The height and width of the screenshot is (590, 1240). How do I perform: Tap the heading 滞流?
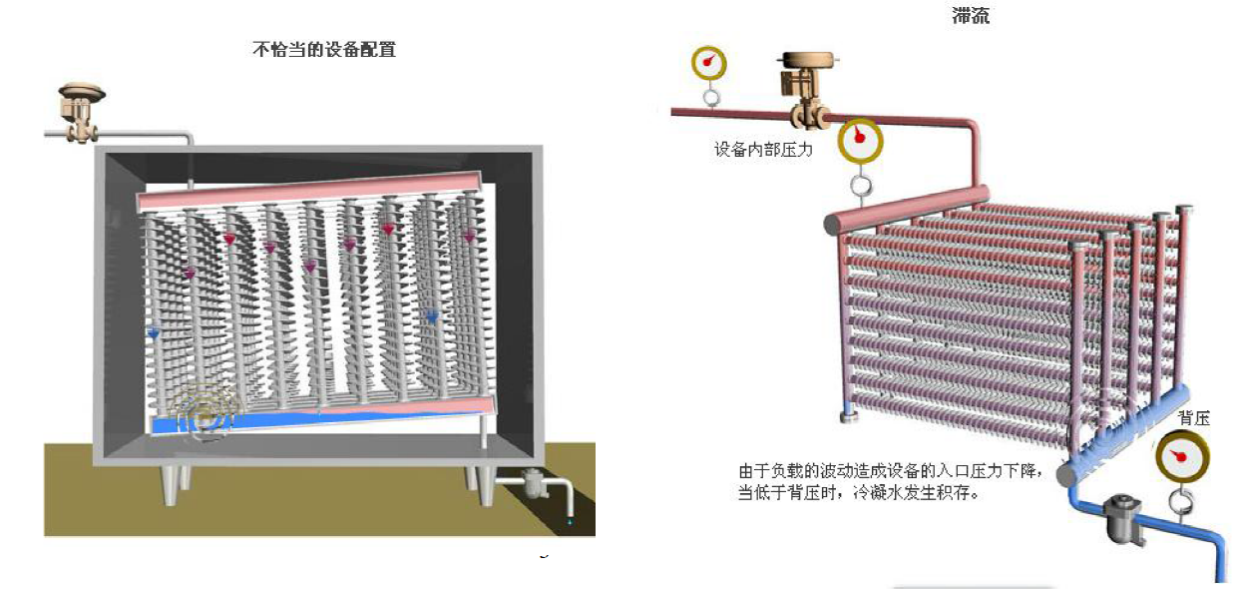[970, 17]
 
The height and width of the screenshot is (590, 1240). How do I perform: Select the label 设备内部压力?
[763, 150]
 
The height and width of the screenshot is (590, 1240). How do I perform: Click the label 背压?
[1193, 418]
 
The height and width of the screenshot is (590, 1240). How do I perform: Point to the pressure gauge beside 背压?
[1182, 457]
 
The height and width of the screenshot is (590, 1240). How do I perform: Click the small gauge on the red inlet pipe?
[709, 63]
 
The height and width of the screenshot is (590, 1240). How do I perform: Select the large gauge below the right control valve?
[860, 141]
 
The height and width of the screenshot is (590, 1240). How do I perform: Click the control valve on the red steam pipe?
[805, 88]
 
